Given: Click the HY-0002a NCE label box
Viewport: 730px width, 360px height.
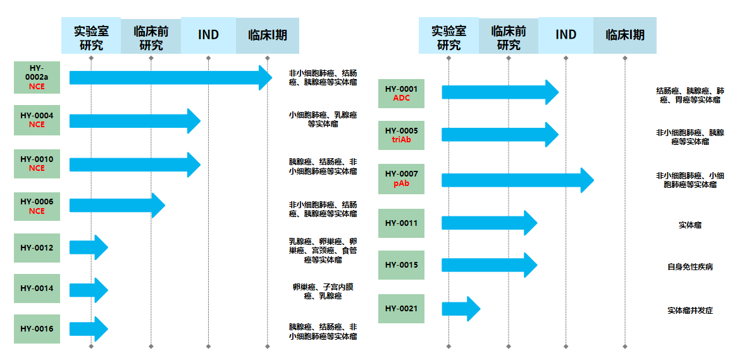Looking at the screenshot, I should click(x=37, y=77).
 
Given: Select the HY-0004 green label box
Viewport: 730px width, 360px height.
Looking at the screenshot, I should click(x=37, y=120).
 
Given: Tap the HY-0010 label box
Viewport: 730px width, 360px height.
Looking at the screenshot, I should click(x=37, y=164).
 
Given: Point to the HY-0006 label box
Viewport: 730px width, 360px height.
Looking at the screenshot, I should click(x=37, y=206).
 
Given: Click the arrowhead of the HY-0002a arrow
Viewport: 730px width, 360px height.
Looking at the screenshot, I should click(x=264, y=77).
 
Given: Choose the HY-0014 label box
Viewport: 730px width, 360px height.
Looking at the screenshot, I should click(x=37, y=289).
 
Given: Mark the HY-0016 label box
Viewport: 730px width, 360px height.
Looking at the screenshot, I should click(x=37, y=329).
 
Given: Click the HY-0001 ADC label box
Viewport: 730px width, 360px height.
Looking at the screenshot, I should click(x=401, y=93).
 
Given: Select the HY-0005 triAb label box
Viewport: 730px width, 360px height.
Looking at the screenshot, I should click(x=401, y=135).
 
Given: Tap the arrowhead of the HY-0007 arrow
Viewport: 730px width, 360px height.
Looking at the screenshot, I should click(x=586, y=180).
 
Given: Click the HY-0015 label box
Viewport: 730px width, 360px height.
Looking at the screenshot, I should click(x=401, y=265).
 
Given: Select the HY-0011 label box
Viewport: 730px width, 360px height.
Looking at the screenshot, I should click(x=401, y=223).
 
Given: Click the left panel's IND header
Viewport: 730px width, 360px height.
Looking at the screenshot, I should click(x=208, y=35).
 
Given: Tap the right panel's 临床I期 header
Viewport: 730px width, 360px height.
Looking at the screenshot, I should click(x=625, y=35).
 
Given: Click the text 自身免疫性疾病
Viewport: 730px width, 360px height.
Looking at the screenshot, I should click(x=690, y=267).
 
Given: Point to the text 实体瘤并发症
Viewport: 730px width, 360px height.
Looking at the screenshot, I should click(x=690, y=311).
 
